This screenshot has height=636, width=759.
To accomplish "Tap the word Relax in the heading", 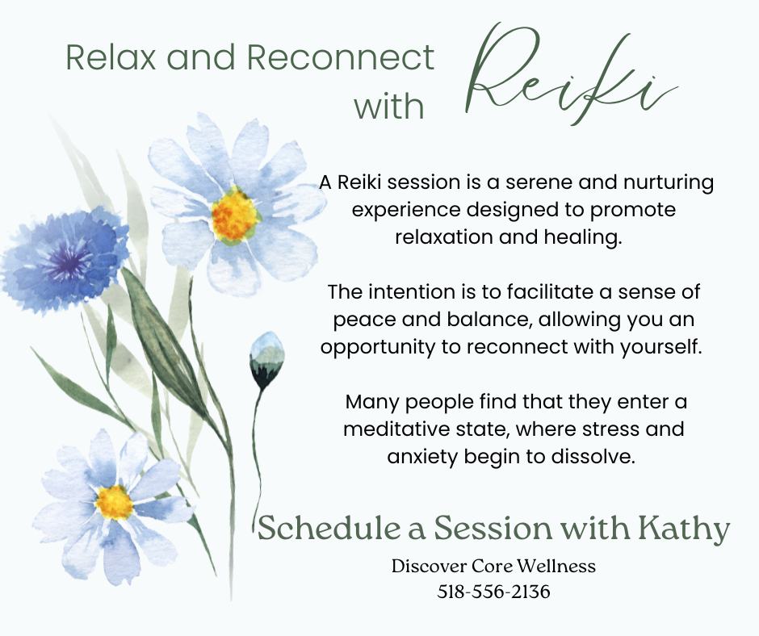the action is click(x=111, y=57).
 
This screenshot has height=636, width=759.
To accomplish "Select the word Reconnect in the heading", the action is click(x=340, y=57).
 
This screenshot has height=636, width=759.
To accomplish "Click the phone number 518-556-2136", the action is click(x=493, y=592).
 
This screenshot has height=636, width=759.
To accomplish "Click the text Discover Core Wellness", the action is click(x=493, y=566).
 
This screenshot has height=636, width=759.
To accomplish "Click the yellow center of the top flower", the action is click(x=234, y=215).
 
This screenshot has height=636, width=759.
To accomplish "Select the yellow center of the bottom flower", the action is click(x=114, y=502).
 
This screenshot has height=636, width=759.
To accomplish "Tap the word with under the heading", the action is click(x=389, y=106).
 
